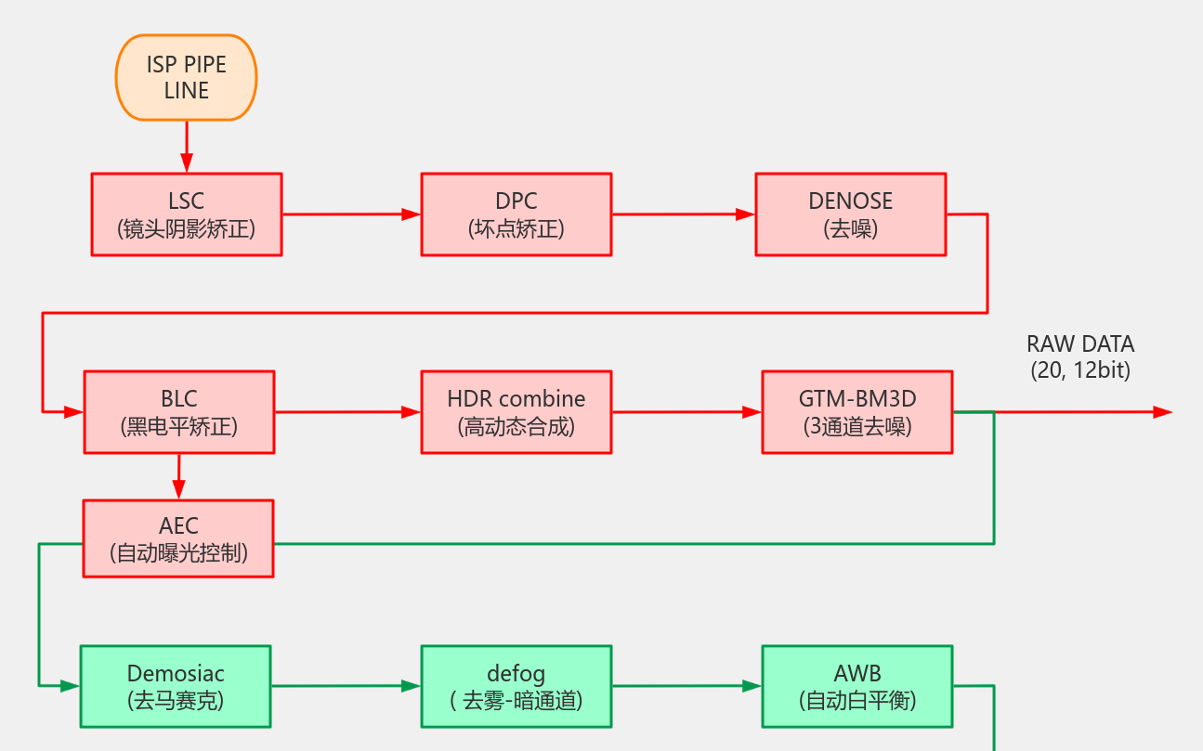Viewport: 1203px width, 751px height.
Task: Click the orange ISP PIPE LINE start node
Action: [186, 78]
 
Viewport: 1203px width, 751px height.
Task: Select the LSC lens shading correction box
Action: [186, 214]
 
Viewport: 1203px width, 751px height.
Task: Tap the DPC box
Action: [516, 214]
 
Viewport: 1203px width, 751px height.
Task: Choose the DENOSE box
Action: [850, 214]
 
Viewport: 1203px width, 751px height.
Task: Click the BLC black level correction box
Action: [178, 412]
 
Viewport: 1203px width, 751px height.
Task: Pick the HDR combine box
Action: [516, 412]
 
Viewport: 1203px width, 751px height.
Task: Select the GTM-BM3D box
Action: [856, 412]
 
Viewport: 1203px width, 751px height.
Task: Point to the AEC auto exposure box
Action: [178, 539]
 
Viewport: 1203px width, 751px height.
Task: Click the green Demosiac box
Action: [176, 686]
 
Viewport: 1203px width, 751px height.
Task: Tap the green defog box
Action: [516, 686]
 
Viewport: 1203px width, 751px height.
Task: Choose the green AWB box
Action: [856, 686]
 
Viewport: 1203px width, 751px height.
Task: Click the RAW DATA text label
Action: [1079, 356]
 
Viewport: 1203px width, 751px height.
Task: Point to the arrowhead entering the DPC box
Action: [412, 214]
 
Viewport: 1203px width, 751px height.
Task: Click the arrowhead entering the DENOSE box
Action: [746, 214]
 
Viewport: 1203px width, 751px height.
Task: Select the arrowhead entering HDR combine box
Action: [412, 412]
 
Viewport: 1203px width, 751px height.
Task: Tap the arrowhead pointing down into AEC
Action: [178, 491]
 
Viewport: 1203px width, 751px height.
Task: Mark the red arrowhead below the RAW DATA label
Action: [1162, 412]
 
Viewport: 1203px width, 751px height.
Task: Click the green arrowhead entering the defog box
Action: [412, 686]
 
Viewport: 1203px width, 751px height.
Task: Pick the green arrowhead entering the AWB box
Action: [752, 686]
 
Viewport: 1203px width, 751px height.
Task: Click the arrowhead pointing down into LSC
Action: [186, 164]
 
